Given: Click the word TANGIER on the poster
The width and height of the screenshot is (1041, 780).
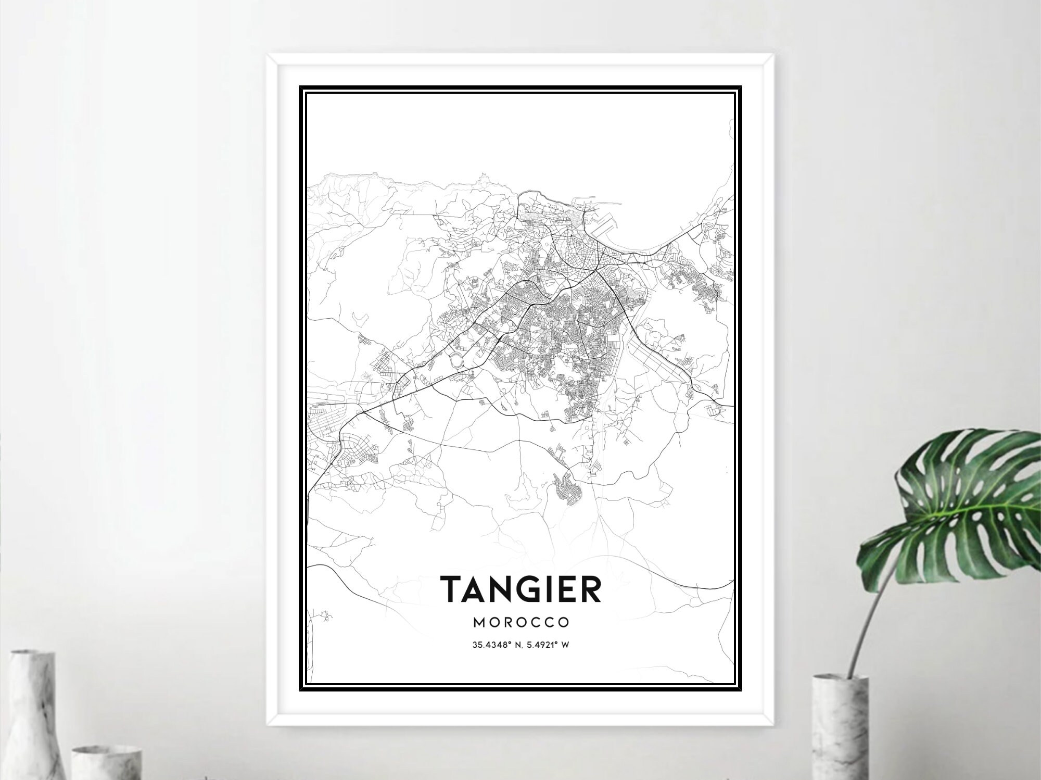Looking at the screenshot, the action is pos(520,589).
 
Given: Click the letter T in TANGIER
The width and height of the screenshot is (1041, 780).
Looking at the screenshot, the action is pos(452,589).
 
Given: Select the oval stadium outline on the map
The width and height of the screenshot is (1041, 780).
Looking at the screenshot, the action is pos(456,359).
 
